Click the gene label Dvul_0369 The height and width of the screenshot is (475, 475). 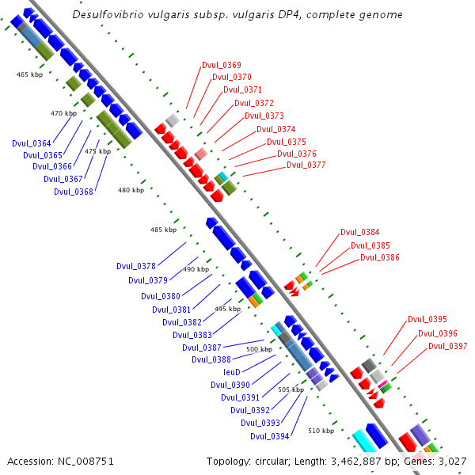(222, 65)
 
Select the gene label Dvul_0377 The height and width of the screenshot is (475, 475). (306, 165)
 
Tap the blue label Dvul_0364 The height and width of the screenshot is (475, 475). (32, 143)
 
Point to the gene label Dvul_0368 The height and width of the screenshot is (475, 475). (74, 192)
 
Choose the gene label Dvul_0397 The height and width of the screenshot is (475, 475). (448, 346)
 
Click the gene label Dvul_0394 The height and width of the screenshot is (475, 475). (270, 436)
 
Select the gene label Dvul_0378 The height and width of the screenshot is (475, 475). (136, 266)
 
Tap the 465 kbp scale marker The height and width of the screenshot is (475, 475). (28, 74)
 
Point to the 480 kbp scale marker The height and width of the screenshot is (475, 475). (131, 190)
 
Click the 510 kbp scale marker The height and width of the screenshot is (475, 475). (321, 431)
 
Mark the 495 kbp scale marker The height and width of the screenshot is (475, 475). (226, 309)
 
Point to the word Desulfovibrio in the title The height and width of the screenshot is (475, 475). (112, 15)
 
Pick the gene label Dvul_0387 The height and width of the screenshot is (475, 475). (202, 348)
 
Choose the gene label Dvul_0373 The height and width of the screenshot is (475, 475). (264, 116)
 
